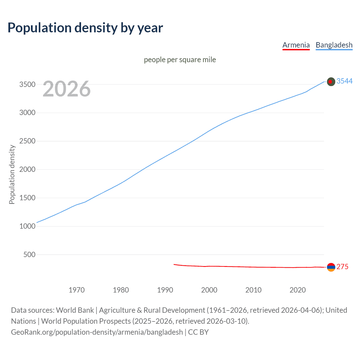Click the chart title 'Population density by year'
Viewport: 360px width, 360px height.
click(85, 28)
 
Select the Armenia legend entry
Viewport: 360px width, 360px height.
click(296, 45)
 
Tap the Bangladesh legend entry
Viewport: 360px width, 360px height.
click(334, 45)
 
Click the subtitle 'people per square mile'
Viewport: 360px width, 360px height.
click(180, 60)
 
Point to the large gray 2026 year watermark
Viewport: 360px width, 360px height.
click(67, 89)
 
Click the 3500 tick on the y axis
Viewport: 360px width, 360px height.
click(27, 84)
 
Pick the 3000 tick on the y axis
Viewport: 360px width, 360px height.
click(27, 113)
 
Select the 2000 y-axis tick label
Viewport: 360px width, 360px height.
click(27, 169)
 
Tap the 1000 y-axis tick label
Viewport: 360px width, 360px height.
click(27, 226)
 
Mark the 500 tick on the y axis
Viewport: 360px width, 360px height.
click(29, 255)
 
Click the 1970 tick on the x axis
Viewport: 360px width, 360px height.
click(76, 290)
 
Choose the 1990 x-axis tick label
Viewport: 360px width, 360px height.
click(165, 290)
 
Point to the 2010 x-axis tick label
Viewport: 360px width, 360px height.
click(253, 290)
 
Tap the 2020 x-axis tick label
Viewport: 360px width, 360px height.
click(298, 290)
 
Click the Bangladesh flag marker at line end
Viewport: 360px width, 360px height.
click(331, 82)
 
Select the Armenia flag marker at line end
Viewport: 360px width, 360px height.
click(331, 267)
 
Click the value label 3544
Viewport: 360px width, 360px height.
click(345, 81)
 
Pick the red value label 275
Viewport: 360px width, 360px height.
click(342, 267)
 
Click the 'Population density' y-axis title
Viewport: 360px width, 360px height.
click(12, 174)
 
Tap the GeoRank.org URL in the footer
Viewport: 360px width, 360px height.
click(97, 332)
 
